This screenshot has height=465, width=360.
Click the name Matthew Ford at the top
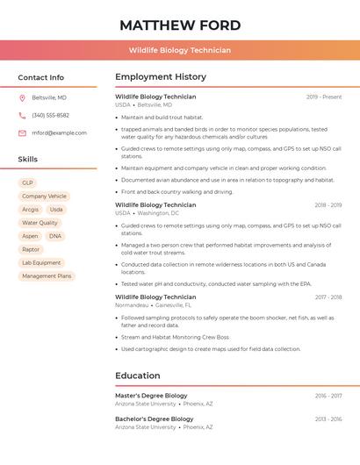(179, 25)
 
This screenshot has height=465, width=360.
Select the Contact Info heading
(41, 77)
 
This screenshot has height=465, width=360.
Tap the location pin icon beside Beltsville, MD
(22, 97)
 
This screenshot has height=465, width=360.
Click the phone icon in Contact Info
(22, 115)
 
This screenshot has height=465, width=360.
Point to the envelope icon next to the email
(22, 133)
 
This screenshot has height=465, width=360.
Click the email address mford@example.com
(60, 133)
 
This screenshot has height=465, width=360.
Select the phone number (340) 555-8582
(51, 115)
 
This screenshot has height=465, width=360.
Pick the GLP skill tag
(28, 182)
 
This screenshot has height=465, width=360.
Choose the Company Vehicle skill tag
(44, 197)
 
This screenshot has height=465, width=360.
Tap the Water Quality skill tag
(40, 223)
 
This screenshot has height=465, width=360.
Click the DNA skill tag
(55, 236)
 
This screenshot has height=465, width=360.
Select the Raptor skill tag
(31, 249)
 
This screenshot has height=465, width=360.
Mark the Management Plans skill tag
(47, 276)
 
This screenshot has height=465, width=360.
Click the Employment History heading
(161, 77)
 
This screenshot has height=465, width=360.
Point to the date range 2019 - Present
(324, 97)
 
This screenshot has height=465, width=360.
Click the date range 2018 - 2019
(328, 205)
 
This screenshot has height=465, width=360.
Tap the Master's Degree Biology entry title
(151, 396)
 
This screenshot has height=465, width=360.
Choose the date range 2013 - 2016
(328, 419)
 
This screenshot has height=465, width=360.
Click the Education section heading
(138, 376)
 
